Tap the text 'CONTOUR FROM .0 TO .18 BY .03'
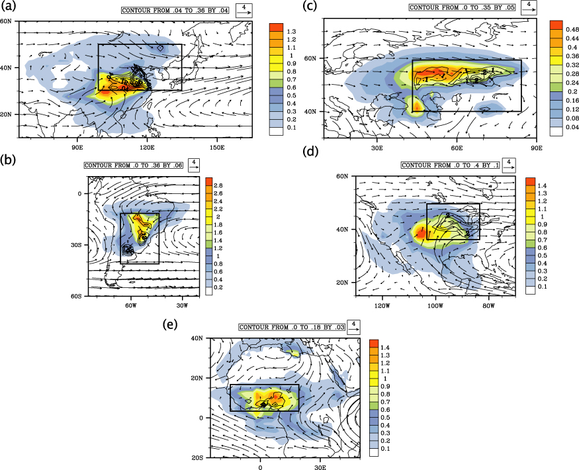click(x=290, y=327)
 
